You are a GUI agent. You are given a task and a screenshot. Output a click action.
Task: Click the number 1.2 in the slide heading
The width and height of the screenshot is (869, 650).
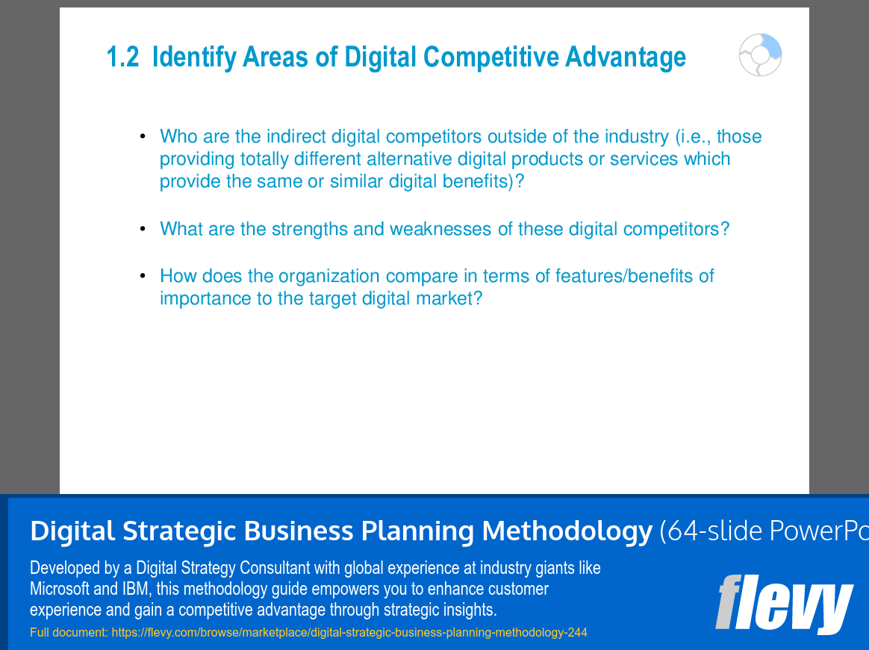(x=122, y=57)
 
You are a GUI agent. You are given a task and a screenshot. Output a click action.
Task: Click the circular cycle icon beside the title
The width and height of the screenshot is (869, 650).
(x=760, y=55)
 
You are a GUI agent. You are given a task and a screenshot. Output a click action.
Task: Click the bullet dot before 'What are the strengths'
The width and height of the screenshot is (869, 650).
(x=143, y=229)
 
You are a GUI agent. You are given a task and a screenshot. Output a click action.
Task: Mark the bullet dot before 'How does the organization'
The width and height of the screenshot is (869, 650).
(x=143, y=275)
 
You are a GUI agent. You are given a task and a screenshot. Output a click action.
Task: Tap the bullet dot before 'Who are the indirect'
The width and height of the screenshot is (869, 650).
(x=143, y=136)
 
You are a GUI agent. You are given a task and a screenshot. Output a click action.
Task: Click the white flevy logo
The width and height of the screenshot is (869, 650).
(x=784, y=604)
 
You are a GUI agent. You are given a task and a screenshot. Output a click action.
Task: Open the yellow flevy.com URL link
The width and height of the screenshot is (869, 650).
(x=349, y=632)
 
